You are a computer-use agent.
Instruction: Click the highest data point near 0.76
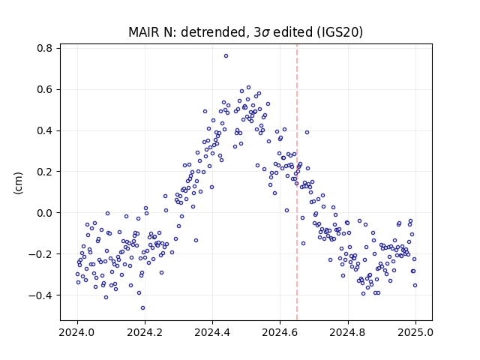[226, 56]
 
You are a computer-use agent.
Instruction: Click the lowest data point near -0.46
[142, 308]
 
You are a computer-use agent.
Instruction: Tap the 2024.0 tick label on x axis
[77, 332]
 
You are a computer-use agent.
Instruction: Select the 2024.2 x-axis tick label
[145, 332]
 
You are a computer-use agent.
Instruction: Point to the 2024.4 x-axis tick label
[212, 332]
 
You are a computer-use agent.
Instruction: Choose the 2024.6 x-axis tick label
[280, 332]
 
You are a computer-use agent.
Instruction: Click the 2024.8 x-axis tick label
[348, 332]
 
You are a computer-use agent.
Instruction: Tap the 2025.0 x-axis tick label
[415, 332]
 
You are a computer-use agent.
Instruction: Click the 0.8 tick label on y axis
[44, 48]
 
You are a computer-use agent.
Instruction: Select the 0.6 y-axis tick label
[44, 90]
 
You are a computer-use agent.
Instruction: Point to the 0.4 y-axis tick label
[44, 131]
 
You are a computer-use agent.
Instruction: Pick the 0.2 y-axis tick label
[44, 172]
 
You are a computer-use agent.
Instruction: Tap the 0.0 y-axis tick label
[44, 213]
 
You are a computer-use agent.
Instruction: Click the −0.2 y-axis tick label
[40, 254]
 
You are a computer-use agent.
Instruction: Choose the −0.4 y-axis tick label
[40, 295]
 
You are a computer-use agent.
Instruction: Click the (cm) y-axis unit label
[18, 183]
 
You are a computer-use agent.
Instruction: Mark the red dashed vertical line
[297, 182]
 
